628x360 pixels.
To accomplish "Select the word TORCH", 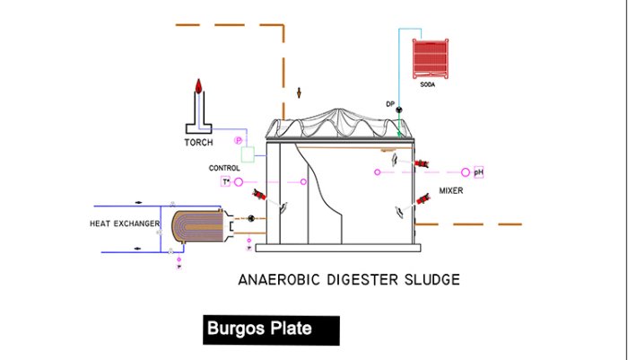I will [198, 143].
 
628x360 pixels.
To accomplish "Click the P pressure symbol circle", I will [239, 140].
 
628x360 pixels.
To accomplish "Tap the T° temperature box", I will [226, 182].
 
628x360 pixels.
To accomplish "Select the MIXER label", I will [451, 190].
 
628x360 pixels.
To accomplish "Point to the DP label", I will [390, 104].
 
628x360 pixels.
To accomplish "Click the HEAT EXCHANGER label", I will [125, 223].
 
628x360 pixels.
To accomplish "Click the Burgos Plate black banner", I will [272, 329].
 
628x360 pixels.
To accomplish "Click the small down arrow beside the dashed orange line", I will [300, 92].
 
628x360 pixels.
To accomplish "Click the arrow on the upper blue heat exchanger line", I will [137, 201].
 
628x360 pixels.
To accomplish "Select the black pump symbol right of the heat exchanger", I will [251, 218].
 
